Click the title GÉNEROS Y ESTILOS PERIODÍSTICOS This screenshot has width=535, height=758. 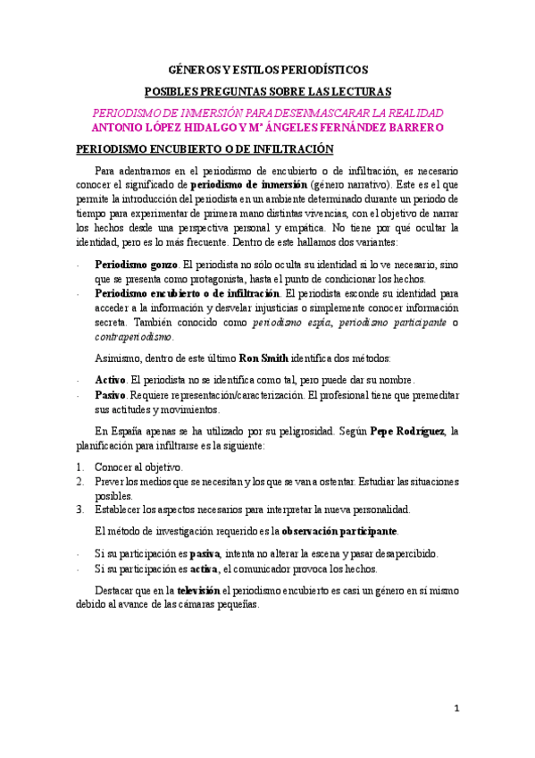coord(268,69)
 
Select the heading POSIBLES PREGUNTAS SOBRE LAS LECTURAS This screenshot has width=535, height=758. coord(268,91)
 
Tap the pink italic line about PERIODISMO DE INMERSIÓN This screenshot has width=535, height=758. coord(268,113)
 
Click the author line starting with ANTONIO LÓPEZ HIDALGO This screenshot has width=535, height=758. coord(268,128)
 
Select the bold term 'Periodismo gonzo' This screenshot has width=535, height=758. coord(137,265)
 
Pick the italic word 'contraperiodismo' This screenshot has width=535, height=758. coord(136,337)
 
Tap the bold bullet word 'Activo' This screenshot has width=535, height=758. coord(111,381)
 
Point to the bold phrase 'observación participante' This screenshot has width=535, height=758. coord(339,531)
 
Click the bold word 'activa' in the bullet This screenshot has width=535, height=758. coord(205,568)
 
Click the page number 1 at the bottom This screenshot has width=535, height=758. coord(456,709)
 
